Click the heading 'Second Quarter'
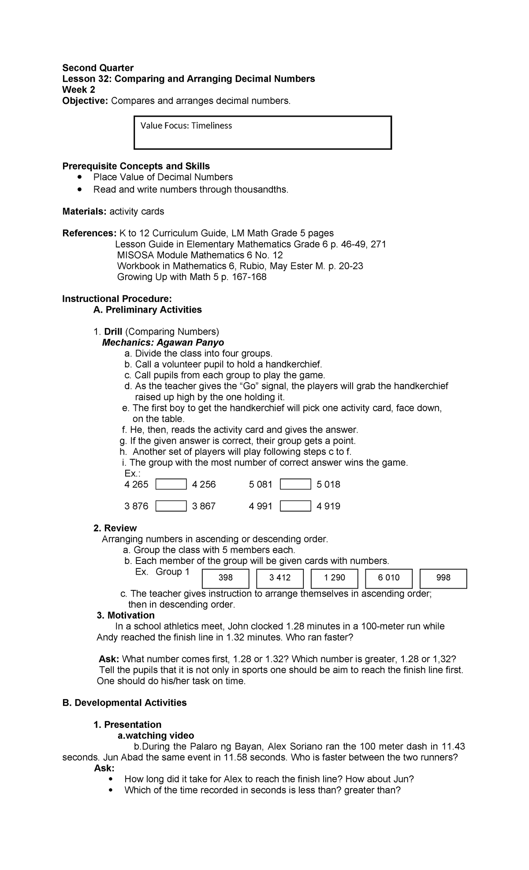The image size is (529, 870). point(97,68)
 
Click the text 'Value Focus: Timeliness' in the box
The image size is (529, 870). point(186,125)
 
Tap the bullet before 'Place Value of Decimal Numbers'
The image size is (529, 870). point(79,177)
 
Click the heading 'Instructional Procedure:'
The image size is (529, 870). point(117,299)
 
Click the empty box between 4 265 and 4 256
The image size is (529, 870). point(171,484)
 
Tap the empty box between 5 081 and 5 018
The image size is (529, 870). point(295,484)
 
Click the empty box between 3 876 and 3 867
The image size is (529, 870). point(171,506)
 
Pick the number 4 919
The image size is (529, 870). point(328,506)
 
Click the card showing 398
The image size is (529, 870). point(226,578)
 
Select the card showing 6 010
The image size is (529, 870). point(389,578)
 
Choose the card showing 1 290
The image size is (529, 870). point(335,578)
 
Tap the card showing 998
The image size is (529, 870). point(443,578)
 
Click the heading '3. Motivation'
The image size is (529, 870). point(125,616)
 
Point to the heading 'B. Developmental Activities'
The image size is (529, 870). point(124,703)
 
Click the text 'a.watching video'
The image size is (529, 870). point(155,736)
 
